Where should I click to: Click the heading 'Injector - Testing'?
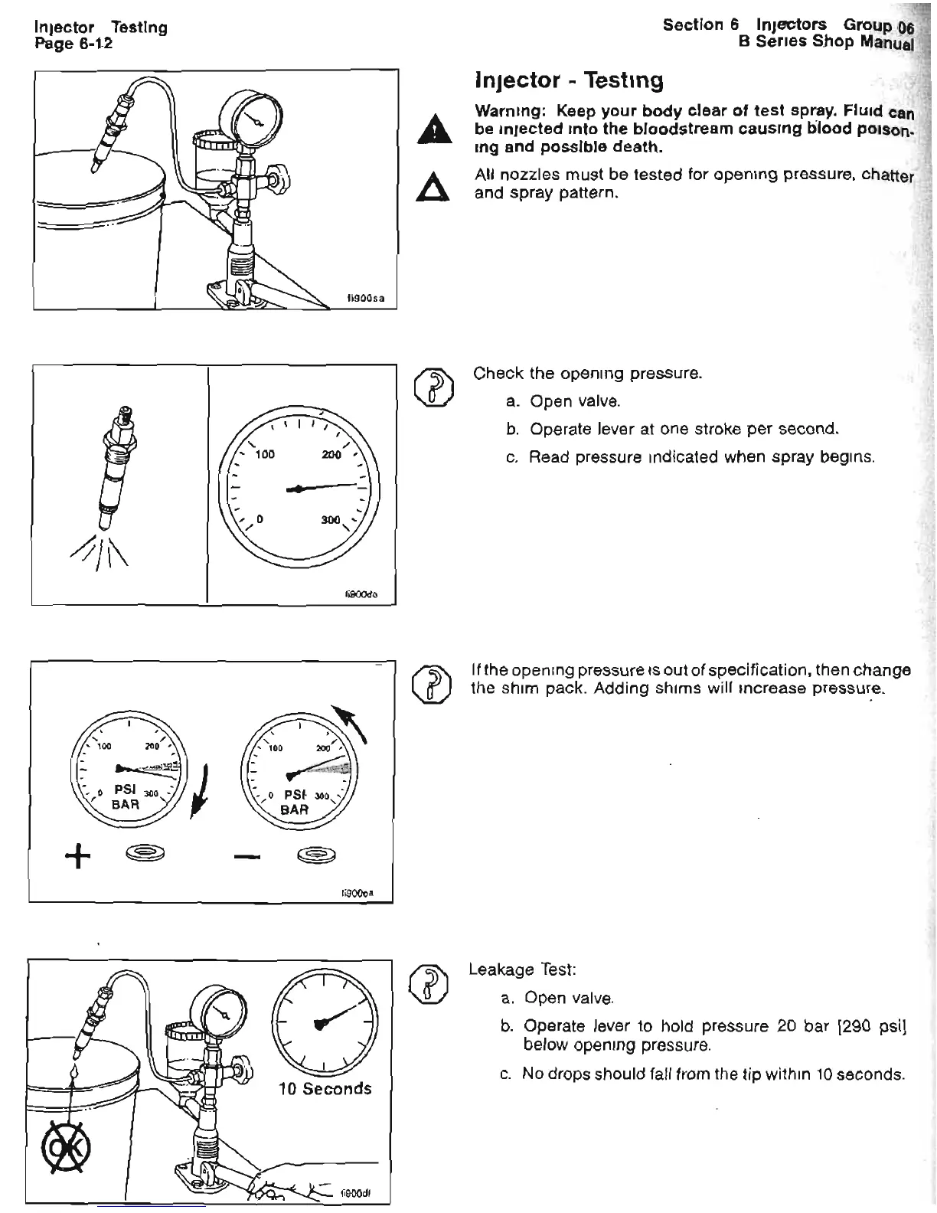pyautogui.click(x=569, y=80)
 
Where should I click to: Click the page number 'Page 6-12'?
pyautogui.click(x=73, y=44)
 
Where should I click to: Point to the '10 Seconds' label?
pyautogui.click(x=325, y=1088)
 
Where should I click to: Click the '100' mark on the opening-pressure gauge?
pyautogui.click(x=264, y=455)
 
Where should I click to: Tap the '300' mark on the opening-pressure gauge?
pyautogui.click(x=330, y=521)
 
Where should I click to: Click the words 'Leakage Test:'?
pyautogui.click(x=521, y=969)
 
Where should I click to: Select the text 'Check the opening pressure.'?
pyautogui.click(x=587, y=374)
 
